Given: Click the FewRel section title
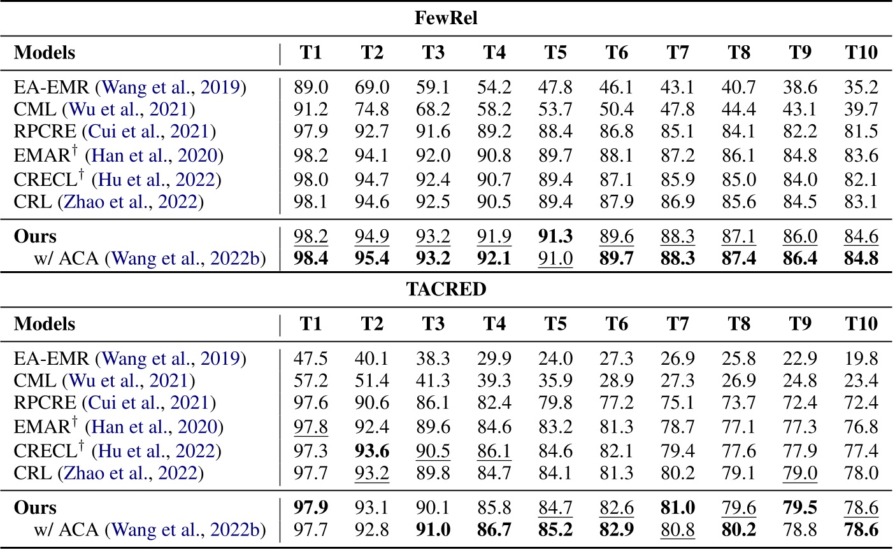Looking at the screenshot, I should point(446,18).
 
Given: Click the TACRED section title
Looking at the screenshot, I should point(446,289).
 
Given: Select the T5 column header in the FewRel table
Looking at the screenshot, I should point(555,53).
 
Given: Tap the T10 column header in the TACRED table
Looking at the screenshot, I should point(861,324).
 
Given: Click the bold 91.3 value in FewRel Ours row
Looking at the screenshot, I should point(555,236).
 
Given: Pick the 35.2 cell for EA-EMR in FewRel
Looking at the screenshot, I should point(861,87).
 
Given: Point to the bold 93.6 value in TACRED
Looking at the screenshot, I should point(372,451).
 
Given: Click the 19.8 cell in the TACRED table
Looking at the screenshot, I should point(861,358).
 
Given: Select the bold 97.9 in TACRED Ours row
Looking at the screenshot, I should point(311,508).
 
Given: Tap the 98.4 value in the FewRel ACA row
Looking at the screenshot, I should point(311,258).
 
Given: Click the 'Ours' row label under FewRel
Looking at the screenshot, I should point(36,236).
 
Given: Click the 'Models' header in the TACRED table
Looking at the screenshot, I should point(45,324).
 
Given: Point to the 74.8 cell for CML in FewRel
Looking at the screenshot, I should point(372,109).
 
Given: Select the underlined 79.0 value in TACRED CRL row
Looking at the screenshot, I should point(800,473).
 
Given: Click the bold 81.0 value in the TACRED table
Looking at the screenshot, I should point(678,508).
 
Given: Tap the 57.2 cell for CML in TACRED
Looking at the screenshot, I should point(311,381).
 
